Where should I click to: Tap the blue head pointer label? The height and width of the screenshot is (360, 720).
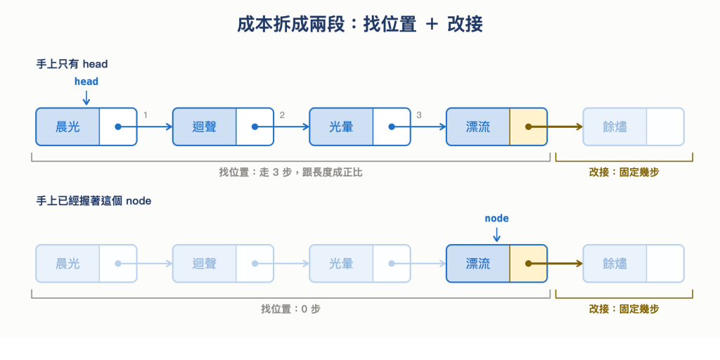[x=86, y=82]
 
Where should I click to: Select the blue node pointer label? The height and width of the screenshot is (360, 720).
[x=497, y=218]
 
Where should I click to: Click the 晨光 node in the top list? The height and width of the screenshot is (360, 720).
[x=86, y=127]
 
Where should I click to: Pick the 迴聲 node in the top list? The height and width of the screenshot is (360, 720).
[x=223, y=127]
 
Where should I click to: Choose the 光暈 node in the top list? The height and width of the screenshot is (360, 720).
[x=360, y=127]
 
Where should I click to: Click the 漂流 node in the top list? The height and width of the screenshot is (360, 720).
[x=497, y=127]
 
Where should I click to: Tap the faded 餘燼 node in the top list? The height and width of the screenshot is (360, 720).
[x=634, y=127]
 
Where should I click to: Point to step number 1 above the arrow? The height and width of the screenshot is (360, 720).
[x=146, y=115]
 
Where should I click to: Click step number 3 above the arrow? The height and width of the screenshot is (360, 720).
[x=419, y=115]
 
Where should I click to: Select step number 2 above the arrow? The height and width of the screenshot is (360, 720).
[x=282, y=115]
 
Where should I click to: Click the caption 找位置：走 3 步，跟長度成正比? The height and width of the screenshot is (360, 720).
[x=290, y=173]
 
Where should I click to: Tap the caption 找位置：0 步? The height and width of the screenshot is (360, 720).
[x=290, y=309]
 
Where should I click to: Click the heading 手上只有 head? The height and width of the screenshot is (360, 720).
[x=72, y=64]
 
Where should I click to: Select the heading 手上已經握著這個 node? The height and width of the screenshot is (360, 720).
[x=94, y=200]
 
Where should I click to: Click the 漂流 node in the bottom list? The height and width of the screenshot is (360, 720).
[x=497, y=264]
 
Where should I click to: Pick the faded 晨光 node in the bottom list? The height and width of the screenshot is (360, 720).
[x=86, y=264]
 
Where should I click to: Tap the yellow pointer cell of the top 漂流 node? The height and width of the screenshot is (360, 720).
[x=528, y=127]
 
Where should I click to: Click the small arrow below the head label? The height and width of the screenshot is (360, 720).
[x=86, y=98]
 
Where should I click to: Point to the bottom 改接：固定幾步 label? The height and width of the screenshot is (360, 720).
[x=624, y=309]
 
